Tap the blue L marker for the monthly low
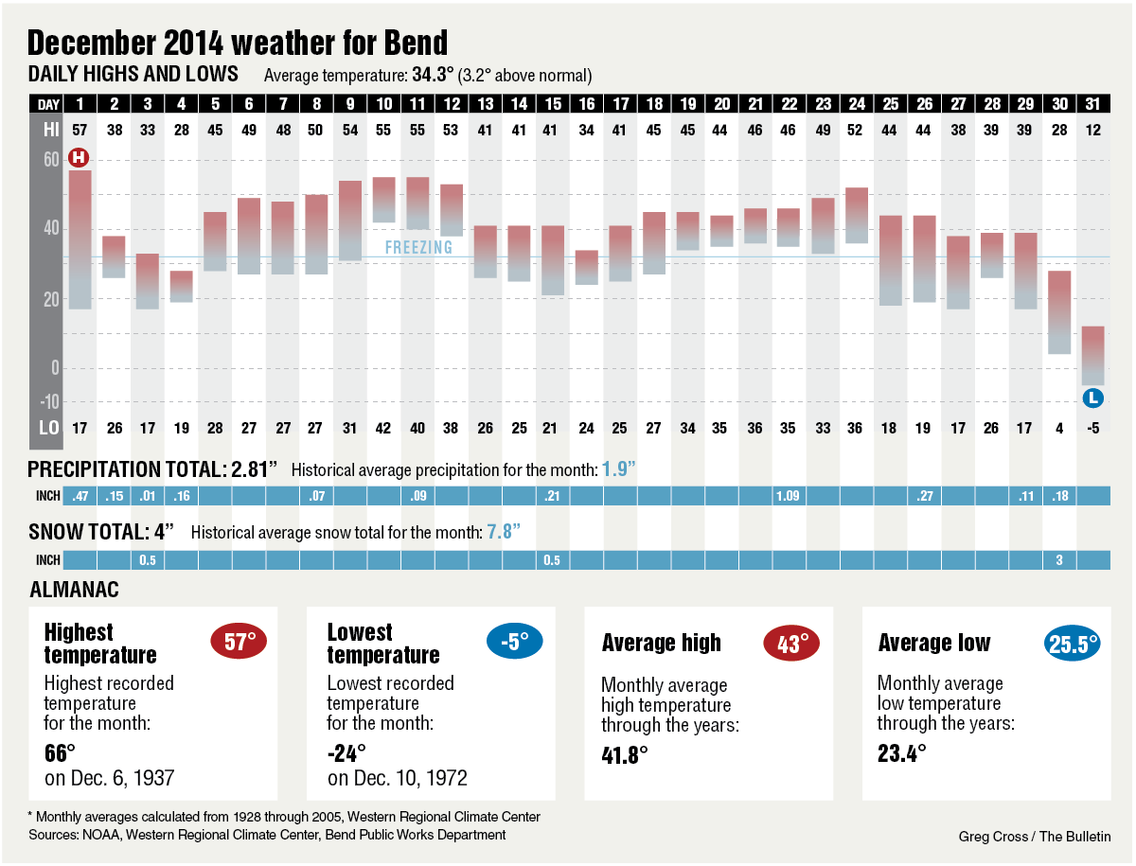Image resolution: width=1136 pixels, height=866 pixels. (x=1092, y=398)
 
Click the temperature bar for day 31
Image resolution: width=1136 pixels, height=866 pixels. (x=1092, y=355)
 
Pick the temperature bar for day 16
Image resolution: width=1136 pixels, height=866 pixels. (x=586, y=267)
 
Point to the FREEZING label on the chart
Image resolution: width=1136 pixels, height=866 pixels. (x=418, y=248)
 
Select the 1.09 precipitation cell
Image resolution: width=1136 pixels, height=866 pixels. (x=788, y=496)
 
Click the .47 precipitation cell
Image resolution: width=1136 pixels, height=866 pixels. (x=80, y=496)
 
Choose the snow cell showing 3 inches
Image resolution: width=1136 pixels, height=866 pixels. (x=1058, y=560)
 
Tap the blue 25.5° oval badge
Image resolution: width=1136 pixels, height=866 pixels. (x=1073, y=644)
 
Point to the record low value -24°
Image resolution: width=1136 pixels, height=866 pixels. (x=346, y=753)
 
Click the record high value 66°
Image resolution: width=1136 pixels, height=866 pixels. (x=61, y=753)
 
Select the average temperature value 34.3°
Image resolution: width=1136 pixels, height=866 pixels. (x=435, y=75)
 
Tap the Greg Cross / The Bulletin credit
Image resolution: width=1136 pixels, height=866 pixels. (x=1035, y=836)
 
